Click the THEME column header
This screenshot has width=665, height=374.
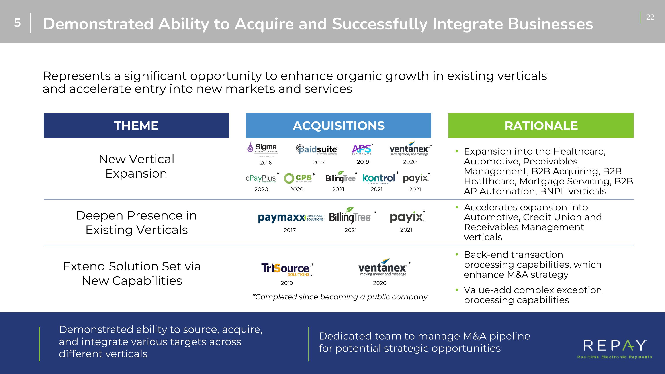(x=136, y=125)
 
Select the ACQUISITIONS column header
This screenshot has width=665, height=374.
(x=338, y=125)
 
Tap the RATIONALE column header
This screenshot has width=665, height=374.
(x=541, y=125)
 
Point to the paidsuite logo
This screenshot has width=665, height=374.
(x=317, y=149)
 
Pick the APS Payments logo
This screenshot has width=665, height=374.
(x=362, y=149)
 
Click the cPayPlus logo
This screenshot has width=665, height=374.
(x=261, y=178)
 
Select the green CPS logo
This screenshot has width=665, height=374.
(x=298, y=178)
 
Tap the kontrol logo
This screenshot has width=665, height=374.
(x=379, y=178)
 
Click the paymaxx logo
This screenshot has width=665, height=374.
(x=291, y=217)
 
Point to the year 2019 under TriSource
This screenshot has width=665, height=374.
(x=287, y=283)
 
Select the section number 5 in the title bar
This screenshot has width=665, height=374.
(x=17, y=23)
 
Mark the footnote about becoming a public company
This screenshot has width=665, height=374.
(x=340, y=297)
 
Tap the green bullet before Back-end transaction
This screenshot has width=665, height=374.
(x=457, y=255)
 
